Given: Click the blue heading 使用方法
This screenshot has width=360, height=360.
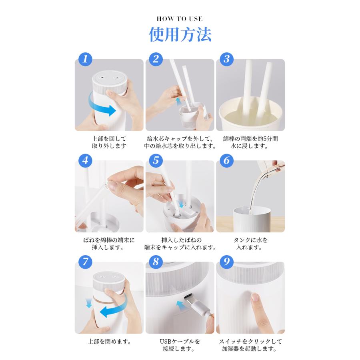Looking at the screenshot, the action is [180, 34].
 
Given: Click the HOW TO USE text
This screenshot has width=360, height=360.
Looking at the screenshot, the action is [180, 19].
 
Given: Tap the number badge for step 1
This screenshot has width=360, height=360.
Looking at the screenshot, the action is [85, 59].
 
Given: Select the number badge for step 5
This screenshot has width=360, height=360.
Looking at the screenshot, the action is [156, 160].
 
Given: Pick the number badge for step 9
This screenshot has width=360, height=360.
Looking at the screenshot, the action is [227, 262].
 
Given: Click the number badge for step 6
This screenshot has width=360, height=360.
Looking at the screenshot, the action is [227, 160].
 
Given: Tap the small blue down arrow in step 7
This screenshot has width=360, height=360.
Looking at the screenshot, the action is [89, 303].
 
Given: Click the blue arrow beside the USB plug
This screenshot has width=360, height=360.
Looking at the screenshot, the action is [181, 306].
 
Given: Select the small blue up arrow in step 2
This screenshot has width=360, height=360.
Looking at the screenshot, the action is [178, 102].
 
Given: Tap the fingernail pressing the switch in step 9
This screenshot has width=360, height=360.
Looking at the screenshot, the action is [255, 297].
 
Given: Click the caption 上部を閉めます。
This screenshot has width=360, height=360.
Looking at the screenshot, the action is [109, 342].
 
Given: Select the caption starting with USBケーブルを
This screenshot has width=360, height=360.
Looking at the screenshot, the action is [180, 345].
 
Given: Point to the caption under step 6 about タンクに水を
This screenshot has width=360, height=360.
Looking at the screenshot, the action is [250, 244].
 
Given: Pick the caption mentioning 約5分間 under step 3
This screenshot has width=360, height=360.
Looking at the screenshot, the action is [250, 142].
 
